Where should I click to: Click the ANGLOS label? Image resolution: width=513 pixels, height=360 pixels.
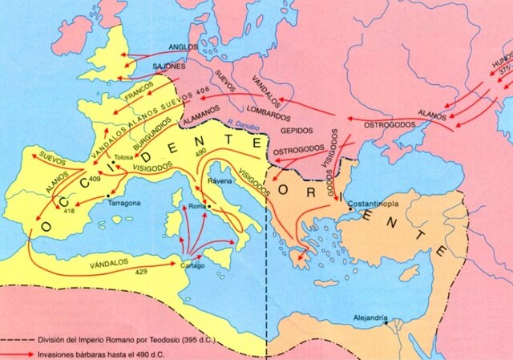pyautogui.click(x=183, y=47)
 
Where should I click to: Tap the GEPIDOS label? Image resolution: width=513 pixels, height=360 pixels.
pyautogui.click(x=297, y=130)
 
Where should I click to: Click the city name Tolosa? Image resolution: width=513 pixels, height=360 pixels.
pyautogui.click(x=124, y=157)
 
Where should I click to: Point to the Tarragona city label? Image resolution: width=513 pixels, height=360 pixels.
pyautogui.click(x=124, y=203)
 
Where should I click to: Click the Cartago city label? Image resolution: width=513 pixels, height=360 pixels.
pyautogui.click(x=192, y=265)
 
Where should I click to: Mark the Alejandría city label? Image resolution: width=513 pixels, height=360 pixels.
pyautogui.click(x=371, y=318)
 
